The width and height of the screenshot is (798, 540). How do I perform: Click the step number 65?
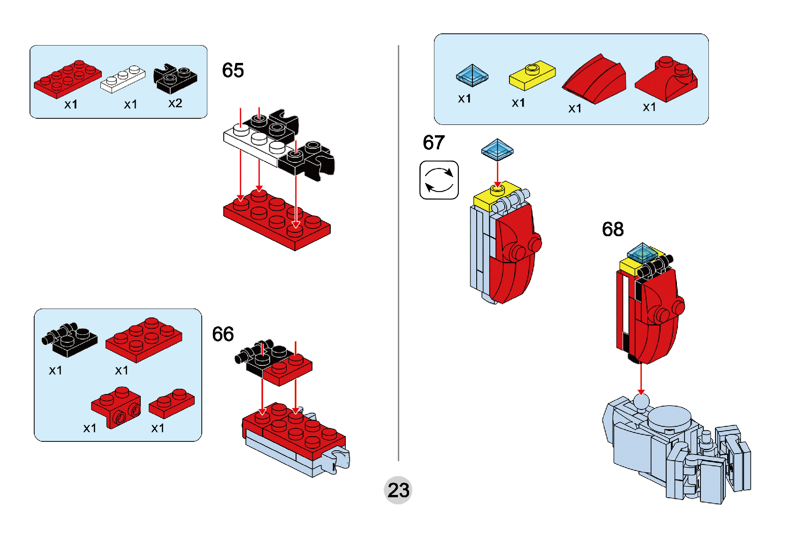click(233, 70)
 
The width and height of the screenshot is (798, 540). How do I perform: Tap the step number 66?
click(223, 334)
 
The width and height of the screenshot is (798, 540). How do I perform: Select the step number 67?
click(433, 142)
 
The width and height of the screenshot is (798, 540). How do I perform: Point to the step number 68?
click(613, 229)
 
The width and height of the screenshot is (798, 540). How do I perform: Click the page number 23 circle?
click(398, 490)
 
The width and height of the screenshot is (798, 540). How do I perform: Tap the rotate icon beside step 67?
click(439, 180)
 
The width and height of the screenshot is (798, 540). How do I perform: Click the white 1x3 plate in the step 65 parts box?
click(122, 79)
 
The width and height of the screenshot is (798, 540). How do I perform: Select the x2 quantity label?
click(175, 103)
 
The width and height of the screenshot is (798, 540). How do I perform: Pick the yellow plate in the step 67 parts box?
click(532, 75)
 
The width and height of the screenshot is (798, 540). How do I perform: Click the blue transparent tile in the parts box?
click(472, 75)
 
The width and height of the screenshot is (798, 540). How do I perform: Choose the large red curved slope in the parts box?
click(594, 79)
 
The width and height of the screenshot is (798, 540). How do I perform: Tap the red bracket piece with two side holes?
click(116, 407)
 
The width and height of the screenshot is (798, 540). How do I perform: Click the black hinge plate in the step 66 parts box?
click(70, 340)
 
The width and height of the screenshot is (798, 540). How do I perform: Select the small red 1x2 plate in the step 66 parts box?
click(172, 403)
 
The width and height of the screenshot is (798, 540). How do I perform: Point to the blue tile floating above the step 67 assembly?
click(497, 150)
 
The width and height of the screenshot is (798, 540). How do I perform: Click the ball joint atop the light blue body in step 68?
click(641, 403)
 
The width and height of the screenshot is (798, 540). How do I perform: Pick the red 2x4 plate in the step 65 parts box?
click(68, 79)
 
